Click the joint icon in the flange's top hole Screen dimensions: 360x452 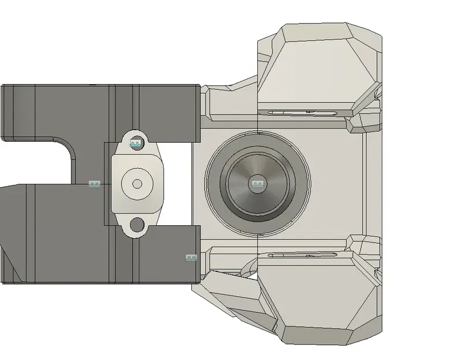point(136,143)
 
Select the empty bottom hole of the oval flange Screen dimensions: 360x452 point(137,223)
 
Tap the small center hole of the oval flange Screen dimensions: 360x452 point(137,184)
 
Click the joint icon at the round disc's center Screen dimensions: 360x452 point(257,184)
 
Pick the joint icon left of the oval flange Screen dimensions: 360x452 point(94,184)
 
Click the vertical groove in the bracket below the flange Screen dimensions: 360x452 point(136,259)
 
